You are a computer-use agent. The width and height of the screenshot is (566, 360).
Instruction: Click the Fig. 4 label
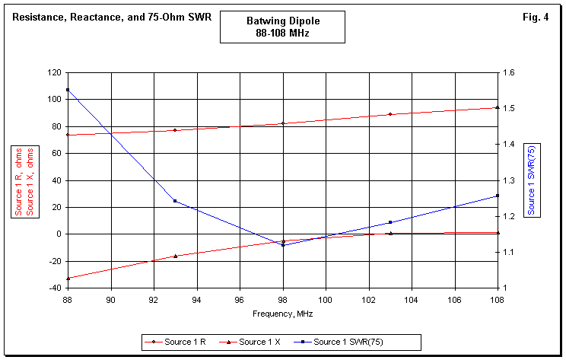536,16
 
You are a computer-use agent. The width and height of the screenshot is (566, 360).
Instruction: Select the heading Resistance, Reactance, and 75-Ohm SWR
112,16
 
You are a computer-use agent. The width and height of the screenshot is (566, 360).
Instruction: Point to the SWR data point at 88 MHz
68,90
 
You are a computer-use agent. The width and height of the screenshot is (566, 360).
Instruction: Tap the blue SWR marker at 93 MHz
175,201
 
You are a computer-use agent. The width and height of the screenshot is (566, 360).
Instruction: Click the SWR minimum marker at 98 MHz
283,245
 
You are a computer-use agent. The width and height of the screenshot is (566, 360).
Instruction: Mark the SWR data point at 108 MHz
498,196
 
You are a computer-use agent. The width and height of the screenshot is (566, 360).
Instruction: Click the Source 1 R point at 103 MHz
390,114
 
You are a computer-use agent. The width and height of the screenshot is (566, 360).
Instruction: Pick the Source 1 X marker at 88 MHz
68,279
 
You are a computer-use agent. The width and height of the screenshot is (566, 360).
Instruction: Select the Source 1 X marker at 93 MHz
175,256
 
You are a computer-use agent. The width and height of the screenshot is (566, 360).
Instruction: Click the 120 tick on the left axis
54,72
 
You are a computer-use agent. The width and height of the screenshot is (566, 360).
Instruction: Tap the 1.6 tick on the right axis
510,72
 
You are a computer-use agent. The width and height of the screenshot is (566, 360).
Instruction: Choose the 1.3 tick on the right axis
510,180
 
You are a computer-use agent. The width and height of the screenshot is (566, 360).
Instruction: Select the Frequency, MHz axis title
283,314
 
